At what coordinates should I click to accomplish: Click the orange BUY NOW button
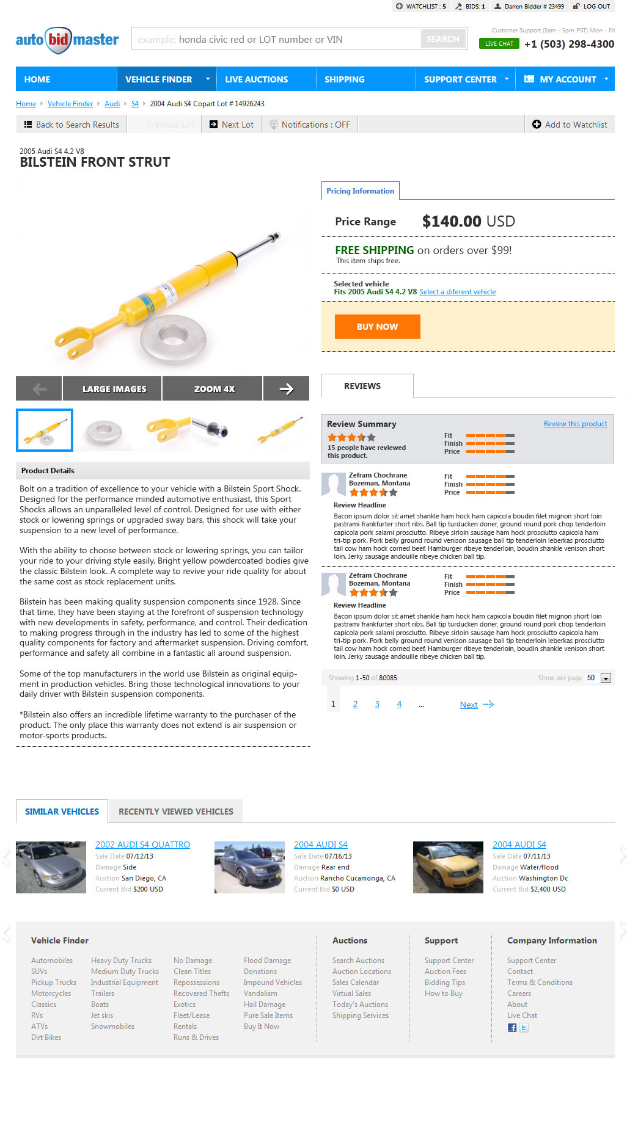377,327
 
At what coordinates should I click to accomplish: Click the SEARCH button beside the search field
442,39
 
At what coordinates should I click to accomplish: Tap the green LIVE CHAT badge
499,44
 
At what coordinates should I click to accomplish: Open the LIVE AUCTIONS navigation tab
256,79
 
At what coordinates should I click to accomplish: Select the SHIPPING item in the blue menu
344,79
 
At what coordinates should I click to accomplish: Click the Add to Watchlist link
570,125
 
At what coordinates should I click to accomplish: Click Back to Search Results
71,125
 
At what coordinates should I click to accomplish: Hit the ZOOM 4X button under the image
214,389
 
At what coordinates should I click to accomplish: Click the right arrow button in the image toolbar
286,389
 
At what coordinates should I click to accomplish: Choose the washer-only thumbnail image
103,430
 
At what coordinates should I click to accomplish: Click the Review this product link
575,424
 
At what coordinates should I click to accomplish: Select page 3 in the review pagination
377,705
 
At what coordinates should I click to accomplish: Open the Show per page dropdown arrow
606,678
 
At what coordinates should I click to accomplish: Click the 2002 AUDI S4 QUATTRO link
142,845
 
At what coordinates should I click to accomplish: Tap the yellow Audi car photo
448,867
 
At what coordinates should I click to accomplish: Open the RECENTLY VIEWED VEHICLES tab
175,812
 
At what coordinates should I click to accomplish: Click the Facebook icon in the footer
512,1028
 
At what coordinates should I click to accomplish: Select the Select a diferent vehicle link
457,292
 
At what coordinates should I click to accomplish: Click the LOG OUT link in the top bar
592,7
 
